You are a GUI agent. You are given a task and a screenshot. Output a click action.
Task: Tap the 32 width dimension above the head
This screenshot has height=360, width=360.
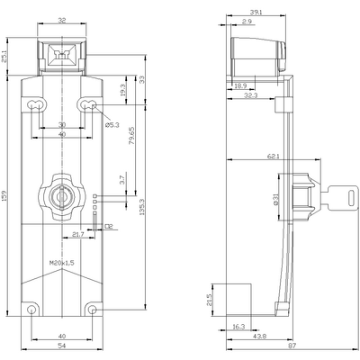point(60,19)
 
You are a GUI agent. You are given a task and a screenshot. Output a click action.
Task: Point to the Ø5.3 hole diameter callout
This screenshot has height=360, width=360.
point(112,125)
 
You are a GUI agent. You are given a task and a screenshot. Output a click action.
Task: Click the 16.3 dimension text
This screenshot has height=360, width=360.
point(238,327)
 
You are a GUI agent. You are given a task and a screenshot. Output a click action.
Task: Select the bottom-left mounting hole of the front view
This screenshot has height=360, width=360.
point(32,310)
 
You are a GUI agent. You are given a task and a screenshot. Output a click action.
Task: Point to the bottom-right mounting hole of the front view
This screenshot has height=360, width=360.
point(93,310)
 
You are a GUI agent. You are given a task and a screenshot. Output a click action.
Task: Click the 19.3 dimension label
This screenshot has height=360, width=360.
point(122,89)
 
